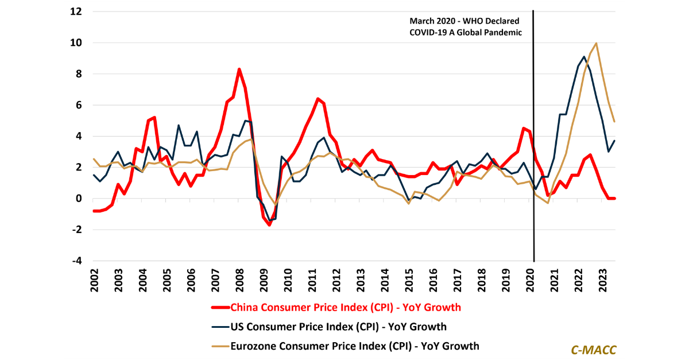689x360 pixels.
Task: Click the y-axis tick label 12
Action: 75,11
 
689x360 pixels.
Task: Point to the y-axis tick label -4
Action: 75,261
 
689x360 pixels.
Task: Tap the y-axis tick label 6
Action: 78,105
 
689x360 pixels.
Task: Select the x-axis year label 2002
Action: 94,282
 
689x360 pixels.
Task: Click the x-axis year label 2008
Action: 239,282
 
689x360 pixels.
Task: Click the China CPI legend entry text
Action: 345,307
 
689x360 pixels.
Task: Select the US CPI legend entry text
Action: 338,327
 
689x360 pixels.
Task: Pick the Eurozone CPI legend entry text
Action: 354,346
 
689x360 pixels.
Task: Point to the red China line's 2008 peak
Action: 239,69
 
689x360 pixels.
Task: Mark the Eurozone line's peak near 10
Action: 597,43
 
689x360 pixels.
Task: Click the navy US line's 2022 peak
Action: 584,57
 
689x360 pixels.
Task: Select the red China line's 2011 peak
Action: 317,99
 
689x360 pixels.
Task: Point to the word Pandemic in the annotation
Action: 501,33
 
